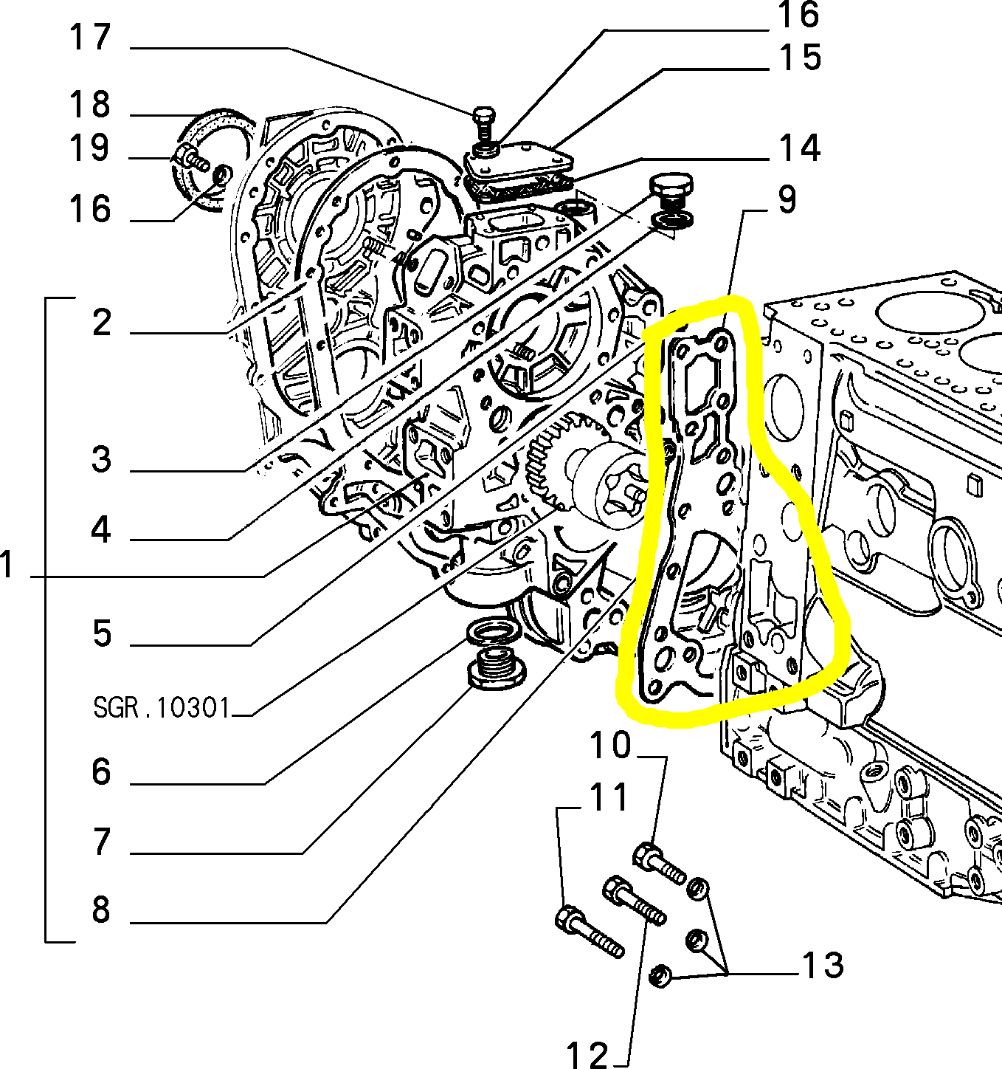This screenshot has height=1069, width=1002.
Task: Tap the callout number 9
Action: point(787,199)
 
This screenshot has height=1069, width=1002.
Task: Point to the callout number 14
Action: point(800,148)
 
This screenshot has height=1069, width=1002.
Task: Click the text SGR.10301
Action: point(162,708)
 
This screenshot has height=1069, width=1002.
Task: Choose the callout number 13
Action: point(822,965)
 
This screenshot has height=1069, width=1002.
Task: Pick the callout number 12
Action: point(587,1054)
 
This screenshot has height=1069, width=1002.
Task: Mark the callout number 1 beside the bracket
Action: point(8,566)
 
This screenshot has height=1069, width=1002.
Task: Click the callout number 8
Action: point(101,910)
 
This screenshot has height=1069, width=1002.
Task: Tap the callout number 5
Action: point(101,633)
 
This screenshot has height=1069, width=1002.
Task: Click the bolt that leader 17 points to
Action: point(483,126)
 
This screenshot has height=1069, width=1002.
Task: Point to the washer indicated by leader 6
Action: point(491,632)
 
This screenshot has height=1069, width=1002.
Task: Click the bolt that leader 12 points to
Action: point(634,900)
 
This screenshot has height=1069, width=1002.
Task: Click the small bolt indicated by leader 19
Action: point(193,157)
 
